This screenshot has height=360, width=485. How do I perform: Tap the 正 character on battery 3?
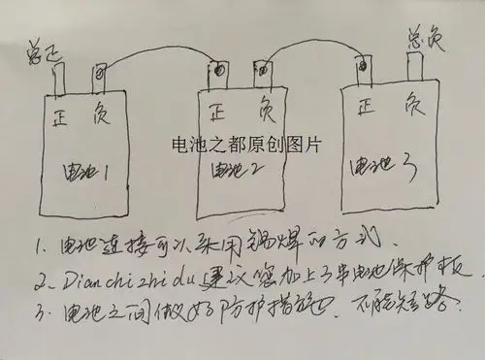pos(368,104)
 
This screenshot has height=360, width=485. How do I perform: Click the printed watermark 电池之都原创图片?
pos(244,143)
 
